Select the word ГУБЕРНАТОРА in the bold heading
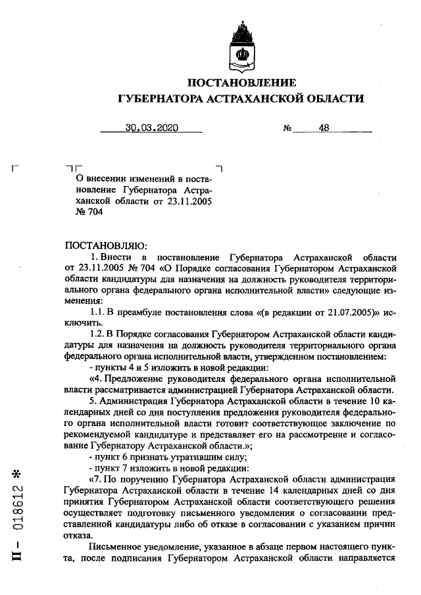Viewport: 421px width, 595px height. [161, 99]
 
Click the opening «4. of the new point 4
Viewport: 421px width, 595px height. [95, 381]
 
